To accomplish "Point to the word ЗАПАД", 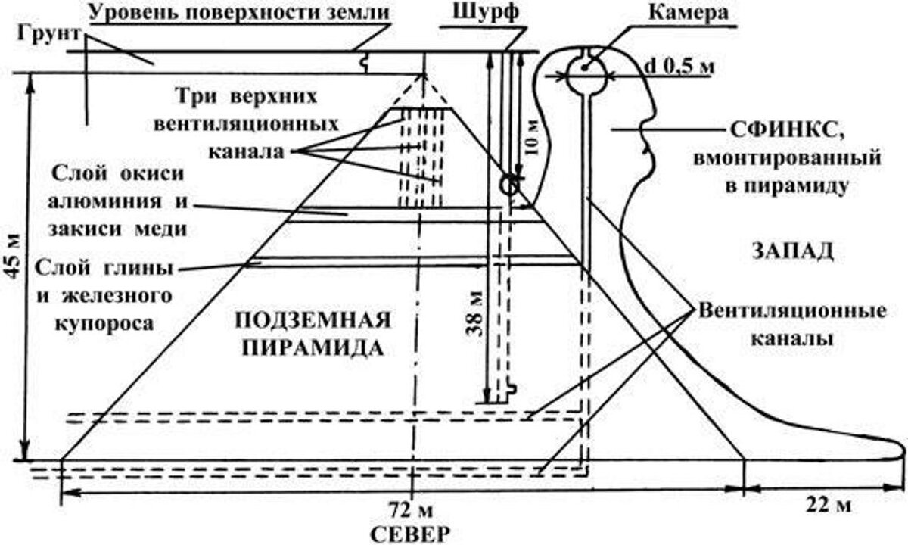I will [791, 249].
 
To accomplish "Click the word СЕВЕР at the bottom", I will [410, 532].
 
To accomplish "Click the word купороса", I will [104, 321].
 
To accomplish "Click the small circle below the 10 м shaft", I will [511, 184].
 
